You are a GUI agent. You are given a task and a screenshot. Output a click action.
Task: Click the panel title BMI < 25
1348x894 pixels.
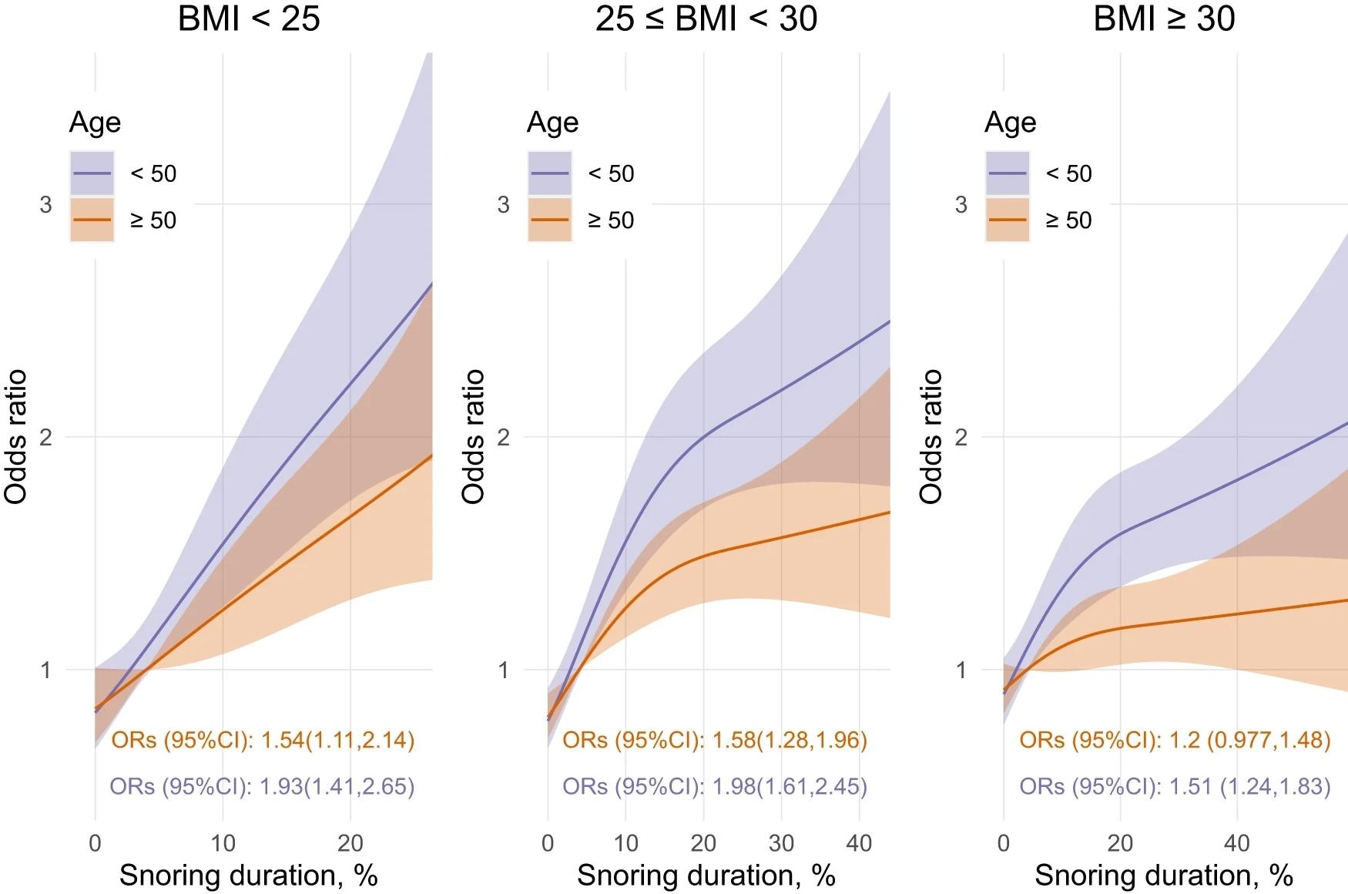tap(248, 18)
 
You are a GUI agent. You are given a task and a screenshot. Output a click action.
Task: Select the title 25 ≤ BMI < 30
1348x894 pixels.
tap(706, 18)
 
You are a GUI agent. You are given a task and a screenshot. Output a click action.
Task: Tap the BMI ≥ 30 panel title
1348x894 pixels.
tap(1163, 18)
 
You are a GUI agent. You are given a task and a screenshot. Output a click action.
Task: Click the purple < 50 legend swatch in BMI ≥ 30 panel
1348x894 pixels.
tap(1008, 173)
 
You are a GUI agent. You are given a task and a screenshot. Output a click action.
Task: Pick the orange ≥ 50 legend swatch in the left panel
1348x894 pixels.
tap(92, 220)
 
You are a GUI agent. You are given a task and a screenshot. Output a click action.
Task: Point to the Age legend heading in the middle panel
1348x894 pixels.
tap(552, 123)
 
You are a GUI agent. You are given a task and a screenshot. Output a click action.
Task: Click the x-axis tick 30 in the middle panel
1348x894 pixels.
tap(781, 843)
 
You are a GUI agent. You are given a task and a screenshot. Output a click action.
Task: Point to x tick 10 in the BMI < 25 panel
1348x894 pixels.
tap(223, 843)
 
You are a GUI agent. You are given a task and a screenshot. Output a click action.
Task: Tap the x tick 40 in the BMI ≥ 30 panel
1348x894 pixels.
tap(1236, 843)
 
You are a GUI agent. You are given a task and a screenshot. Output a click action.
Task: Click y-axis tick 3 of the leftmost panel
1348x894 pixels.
tap(46, 205)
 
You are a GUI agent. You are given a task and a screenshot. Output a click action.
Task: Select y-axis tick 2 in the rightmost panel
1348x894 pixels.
tap(961, 438)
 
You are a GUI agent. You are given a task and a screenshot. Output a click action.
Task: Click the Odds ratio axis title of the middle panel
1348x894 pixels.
tap(473, 437)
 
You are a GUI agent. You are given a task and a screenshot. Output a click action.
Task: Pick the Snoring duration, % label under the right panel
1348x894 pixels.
tap(1163, 876)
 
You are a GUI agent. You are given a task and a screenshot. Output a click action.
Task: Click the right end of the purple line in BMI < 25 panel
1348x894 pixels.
tap(431, 284)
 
